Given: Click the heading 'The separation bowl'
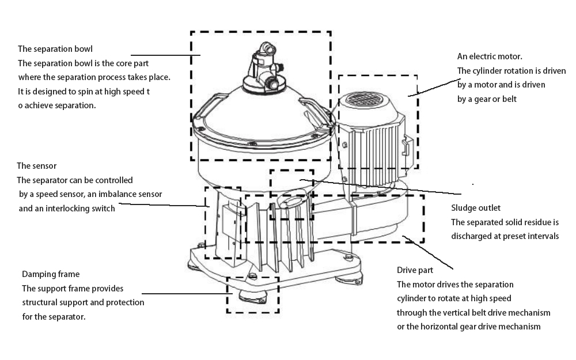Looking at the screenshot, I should coord(55,49).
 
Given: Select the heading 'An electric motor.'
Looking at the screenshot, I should coord(490,56).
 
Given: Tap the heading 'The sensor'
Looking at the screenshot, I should coord(37,166).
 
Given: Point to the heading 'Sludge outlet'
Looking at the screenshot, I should coord(476,207).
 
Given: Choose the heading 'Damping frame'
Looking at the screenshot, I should coord(51,274).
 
